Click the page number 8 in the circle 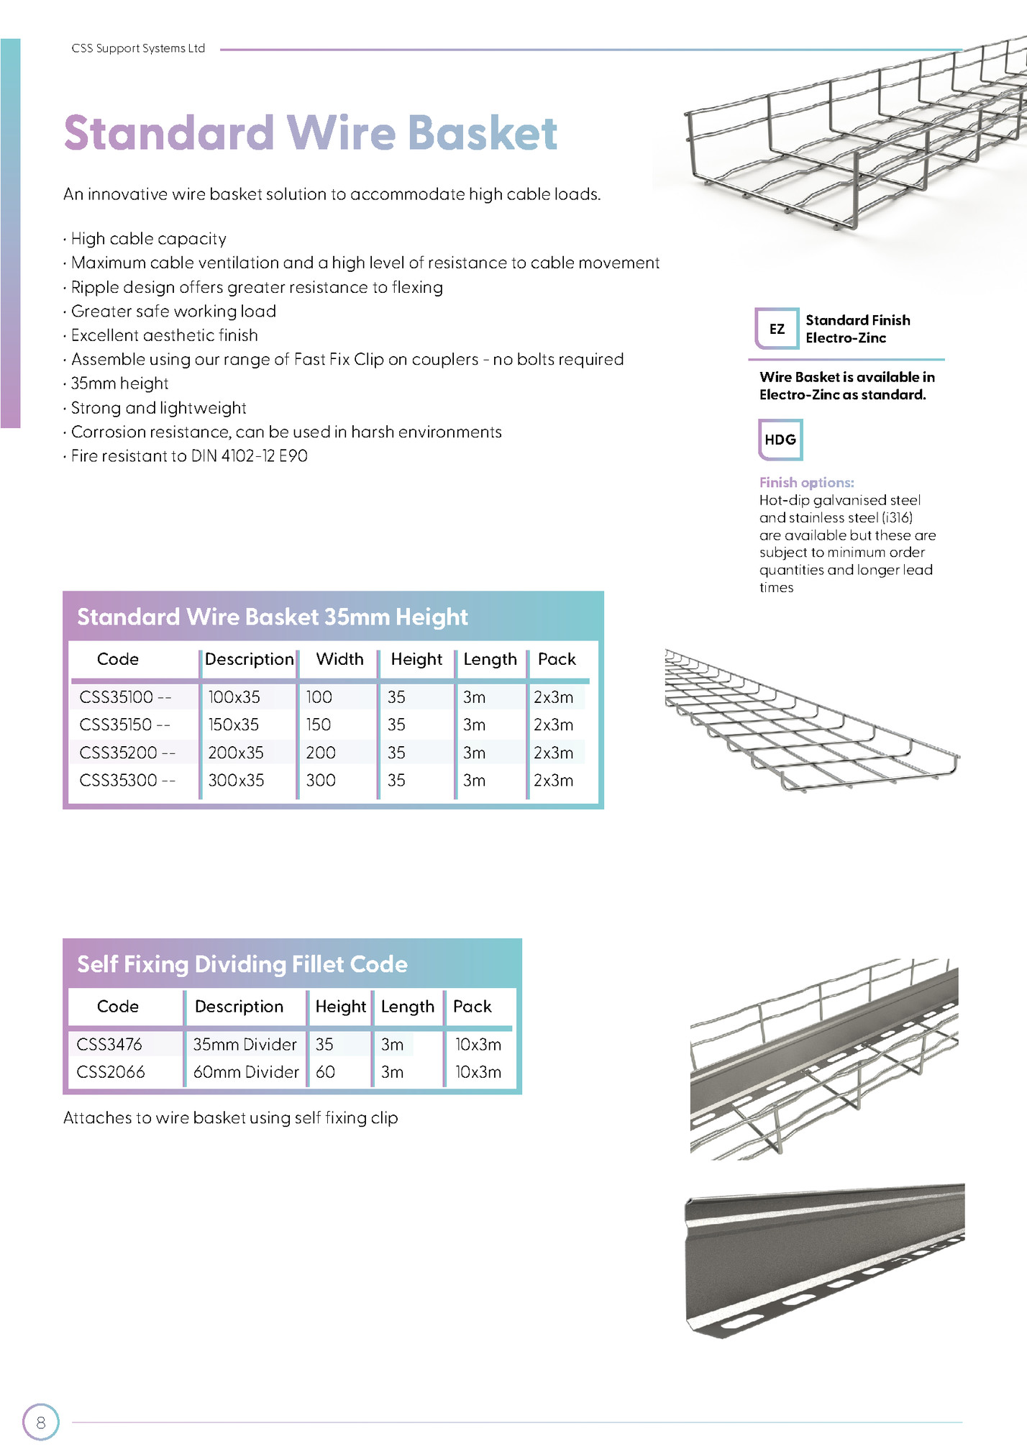[40, 1422]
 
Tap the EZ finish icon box [777, 329]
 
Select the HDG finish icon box [780, 440]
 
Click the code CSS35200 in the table [127, 753]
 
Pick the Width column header [339, 659]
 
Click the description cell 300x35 [236, 780]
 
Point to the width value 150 [319, 725]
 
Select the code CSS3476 [109, 1044]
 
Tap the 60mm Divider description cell [245, 1072]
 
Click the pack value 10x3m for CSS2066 [478, 1072]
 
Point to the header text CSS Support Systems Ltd [138, 48]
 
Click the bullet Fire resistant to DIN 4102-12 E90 [188, 456]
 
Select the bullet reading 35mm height [119, 384]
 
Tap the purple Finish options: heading [806, 482]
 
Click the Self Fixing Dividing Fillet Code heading [242, 964]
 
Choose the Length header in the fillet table [407, 1007]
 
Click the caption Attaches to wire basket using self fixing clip [230, 1117]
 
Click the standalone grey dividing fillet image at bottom [823, 1259]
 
